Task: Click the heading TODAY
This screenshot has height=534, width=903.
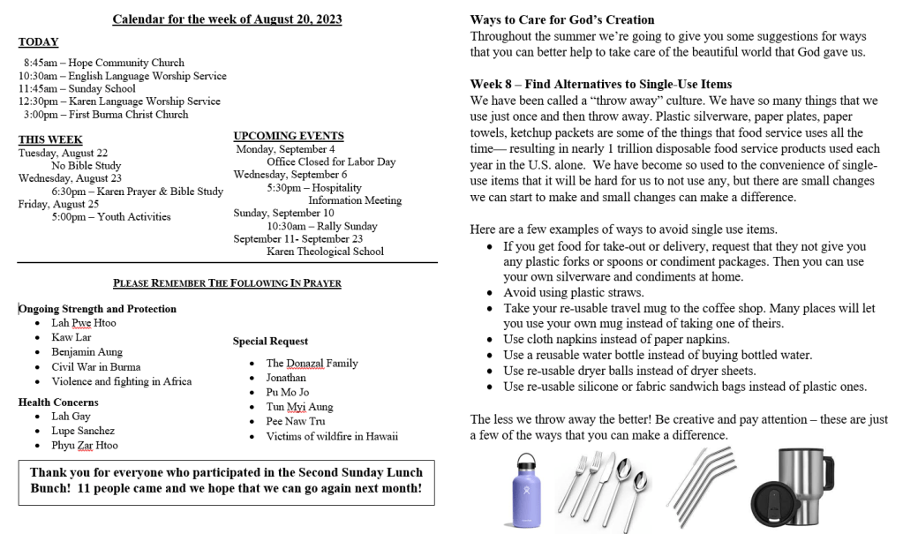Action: coord(38,42)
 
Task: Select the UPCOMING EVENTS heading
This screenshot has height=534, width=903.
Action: coord(289,136)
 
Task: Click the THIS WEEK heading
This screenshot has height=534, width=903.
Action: coord(50,139)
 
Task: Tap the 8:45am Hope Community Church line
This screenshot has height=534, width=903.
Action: coord(104,63)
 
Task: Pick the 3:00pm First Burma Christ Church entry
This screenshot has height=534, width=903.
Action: coord(106,114)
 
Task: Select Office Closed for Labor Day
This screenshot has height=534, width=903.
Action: coord(331,162)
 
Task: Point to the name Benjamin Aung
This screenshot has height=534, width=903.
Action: coord(87,351)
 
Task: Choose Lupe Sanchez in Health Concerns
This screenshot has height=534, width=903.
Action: coord(83,431)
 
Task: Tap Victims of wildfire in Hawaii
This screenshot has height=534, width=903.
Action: coord(332,436)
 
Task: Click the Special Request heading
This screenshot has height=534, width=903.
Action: coord(270,341)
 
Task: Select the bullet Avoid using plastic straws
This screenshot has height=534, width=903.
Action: coord(573,293)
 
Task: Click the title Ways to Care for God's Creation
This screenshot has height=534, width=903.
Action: coord(562,19)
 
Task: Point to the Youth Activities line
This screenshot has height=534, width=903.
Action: coord(111,217)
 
